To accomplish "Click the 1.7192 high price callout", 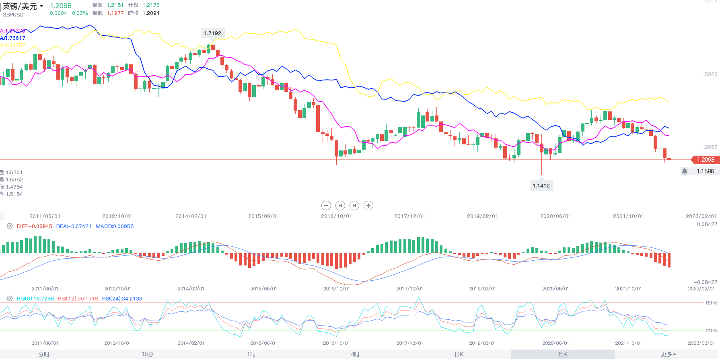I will pyautogui.click(x=212, y=33).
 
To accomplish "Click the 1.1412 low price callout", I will pyautogui.click(x=541, y=185).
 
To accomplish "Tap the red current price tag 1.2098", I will pyautogui.click(x=705, y=160).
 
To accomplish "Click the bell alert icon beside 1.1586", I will pyautogui.click(x=685, y=171).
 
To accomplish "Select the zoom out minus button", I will pyautogui.click(x=326, y=206).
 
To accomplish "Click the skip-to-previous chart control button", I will pyautogui.click(x=340, y=206).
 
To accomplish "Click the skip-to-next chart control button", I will pyautogui.click(x=354, y=206).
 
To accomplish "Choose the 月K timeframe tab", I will pyautogui.click(x=562, y=354).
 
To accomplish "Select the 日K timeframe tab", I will pyautogui.click(x=459, y=354).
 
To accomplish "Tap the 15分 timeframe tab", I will pyautogui.click(x=148, y=354).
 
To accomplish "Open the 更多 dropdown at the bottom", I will pyautogui.click(x=668, y=354).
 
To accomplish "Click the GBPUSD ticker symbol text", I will pyautogui.click(x=13, y=15).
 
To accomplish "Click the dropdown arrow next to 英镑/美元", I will pyautogui.click(x=41, y=6).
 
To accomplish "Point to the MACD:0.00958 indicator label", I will pyautogui.click(x=115, y=226).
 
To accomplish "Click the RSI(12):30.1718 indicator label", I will pyautogui.click(x=78, y=299).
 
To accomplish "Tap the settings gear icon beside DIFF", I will pyautogui.click(x=10, y=226).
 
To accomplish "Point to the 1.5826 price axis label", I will pyautogui.click(x=709, y=74).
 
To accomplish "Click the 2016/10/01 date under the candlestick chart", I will pyautogui.click(x=336, y=216).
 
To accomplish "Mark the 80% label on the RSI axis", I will pyautogui.click(x=712, y=303).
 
